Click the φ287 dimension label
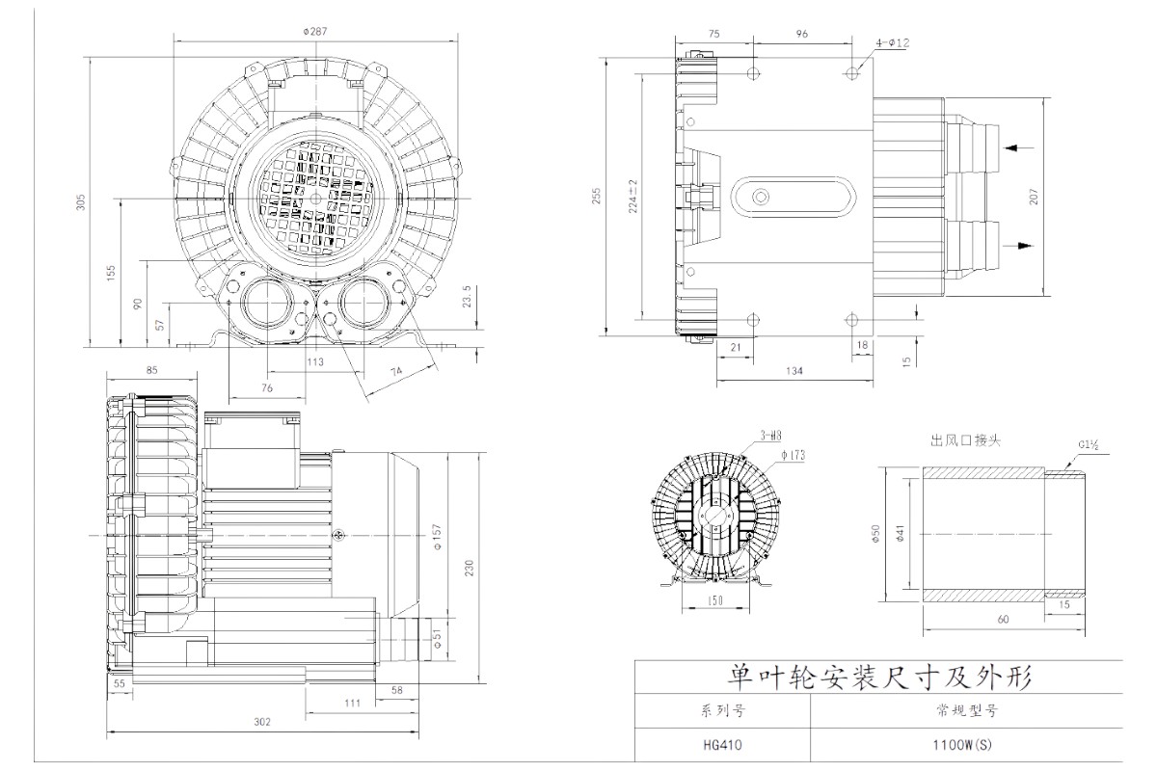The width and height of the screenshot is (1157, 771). pyautogui.click(x=315, y=32)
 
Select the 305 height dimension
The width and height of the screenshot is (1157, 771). pyautogui.click(x=82, y=202)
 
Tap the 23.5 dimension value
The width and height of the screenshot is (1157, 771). pyautogui.click(x=467, y=295)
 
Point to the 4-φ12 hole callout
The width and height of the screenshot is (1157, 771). pyautogui.click(x=893, y=43)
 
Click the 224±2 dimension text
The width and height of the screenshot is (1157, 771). pyautogui.click(x=633, y=195)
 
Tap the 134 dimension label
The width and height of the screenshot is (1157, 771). pyautogui.click(x=794, y=370)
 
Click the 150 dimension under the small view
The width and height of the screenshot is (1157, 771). pyautogui.click(x=714, y=600)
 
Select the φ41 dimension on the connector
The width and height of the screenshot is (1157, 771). pyautogui.click(x=899, y=531)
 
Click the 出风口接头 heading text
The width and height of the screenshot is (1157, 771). pyautogui.click(x=965, y=440)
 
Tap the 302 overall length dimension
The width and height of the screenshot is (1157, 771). pyautogui.click(x=262, y=721)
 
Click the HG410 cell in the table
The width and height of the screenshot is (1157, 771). pyautogui.click(x=722, y=743)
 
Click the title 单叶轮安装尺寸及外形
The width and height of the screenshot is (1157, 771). pyautogui.click(x=878, y=677)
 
